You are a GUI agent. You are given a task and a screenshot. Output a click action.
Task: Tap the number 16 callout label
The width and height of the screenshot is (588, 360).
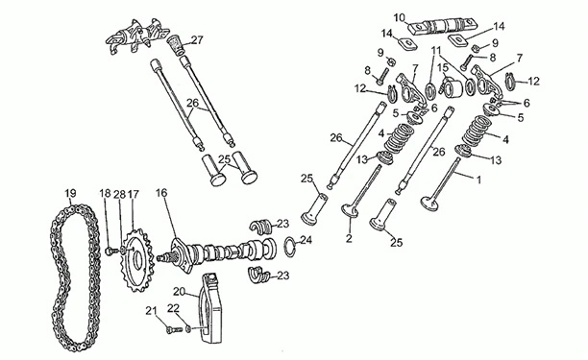tap(161, 193)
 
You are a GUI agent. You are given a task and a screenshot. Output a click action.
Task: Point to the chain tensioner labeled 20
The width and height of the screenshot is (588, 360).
tap(210, 308)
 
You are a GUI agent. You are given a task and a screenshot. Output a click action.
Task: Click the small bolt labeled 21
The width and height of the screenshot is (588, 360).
tap(173, 330)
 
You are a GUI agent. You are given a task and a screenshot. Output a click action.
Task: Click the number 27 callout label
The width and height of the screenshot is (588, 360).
tap(197, 40)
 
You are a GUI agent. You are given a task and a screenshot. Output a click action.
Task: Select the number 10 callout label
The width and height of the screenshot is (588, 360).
tap(400, 17)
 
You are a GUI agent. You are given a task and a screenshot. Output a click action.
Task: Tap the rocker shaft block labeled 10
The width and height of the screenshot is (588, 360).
tap(443, 27)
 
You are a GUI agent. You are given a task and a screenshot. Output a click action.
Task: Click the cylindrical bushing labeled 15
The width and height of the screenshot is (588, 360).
tap(453, 89)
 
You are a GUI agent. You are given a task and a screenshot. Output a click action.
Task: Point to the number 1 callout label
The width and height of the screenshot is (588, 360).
tap(478, 180)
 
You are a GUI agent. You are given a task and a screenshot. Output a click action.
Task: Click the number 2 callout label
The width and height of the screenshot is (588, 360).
tap(349, 238)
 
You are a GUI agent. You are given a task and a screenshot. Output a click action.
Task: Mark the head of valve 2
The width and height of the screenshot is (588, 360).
tap(350, 210)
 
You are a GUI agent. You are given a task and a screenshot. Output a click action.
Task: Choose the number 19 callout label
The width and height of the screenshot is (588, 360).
tap(70, 193)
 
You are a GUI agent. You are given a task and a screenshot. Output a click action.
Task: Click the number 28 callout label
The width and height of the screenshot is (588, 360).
tap(120, 194)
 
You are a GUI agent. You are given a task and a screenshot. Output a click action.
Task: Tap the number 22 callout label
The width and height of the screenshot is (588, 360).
tap(173, 308)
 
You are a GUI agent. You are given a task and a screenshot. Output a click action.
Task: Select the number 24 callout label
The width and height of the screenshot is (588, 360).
tap(306, 240)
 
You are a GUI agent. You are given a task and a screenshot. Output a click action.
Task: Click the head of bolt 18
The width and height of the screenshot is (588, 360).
tap(110, 251)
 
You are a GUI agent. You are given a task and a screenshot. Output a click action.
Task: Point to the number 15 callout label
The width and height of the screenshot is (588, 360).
tap(443, 68)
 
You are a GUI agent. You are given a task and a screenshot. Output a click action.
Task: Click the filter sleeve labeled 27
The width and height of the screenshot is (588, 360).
tap(176, 45)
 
